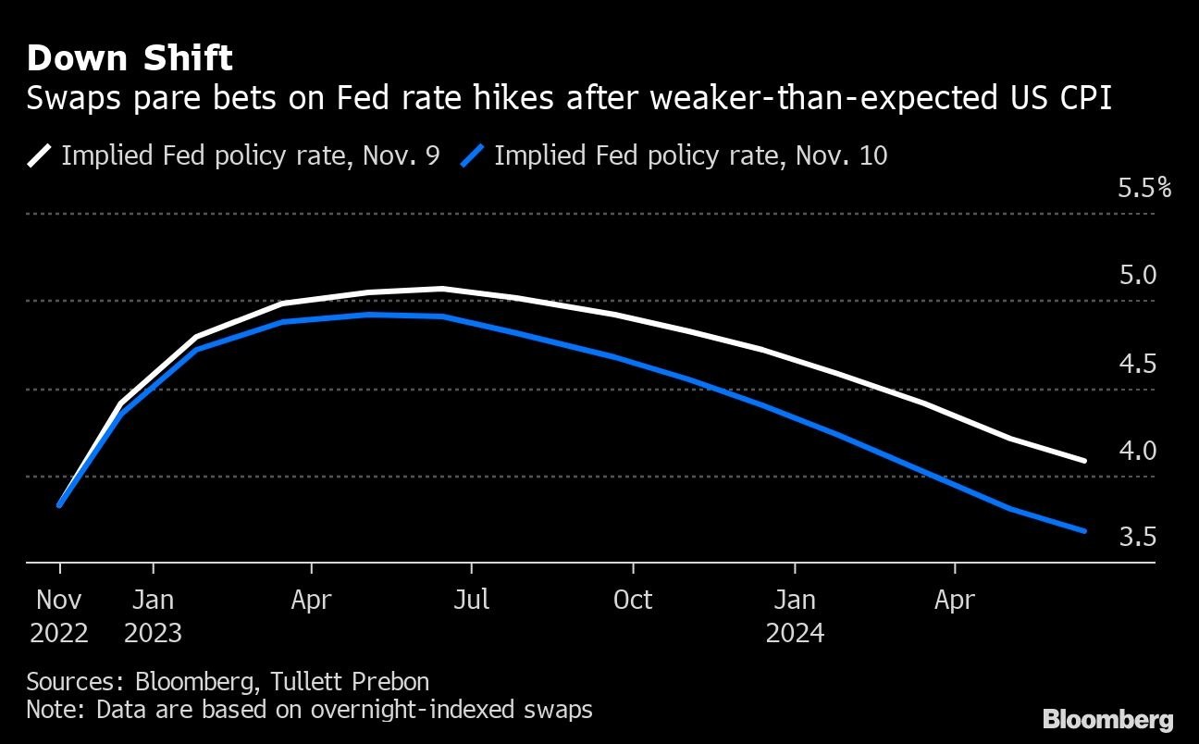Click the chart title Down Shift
pyautogui.click(x=130, y=58)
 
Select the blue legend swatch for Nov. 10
pyautogui.click(x=473, y=155)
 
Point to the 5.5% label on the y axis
pyautogui.click(x=1143, y=189)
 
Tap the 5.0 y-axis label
pyautogui.click(x=1137, y=275)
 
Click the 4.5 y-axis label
pyautogui.click(x=1137, y=364)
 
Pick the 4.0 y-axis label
pyautogui.click(x=1137, y=451)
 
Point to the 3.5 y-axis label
pyautogui.click(x=1137, y=537)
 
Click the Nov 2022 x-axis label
pyautogui.click(x=59, y=616)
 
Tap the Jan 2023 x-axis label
pyautogui.click(x=153, y=616)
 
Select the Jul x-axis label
pyautogui.click(x=471, y=600)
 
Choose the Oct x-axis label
pyautogui.click(x=633, y=600)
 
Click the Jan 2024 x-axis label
pyautogui.click(x=794, y=616)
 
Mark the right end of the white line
pyautogui.click(x=1083, y=460)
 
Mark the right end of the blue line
pyautogui.click(x=1083, y=530)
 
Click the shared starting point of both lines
pyautogui.click(x=59, y=505)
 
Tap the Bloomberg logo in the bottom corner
pyautogui.click(x=1107, y=719)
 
